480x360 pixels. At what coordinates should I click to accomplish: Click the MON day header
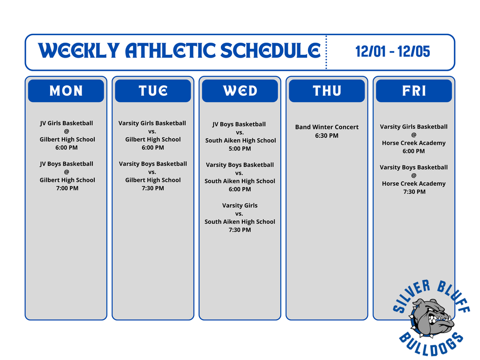click(66, 91)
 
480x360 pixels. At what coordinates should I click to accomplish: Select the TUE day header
click(153, 91)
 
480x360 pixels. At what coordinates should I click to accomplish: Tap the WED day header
click(240, 91)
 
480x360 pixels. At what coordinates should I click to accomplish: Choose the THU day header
click(327, 91)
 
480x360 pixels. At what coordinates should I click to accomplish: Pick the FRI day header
click(414, 91)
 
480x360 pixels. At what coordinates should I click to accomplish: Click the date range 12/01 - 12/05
click(392, 52)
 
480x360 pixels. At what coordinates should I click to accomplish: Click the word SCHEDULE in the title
click(270, 51)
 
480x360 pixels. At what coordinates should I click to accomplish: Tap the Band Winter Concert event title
click(327, 127)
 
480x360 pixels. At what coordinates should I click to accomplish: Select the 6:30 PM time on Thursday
click(327, 135)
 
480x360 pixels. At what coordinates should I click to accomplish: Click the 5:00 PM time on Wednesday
click(240, 149)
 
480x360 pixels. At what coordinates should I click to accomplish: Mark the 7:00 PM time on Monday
click(67, 188)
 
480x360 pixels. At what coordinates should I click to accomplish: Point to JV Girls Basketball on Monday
click(67, 123)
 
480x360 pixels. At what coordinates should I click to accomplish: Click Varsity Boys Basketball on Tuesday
click(153, 164)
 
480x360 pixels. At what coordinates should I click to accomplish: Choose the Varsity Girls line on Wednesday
click(240, 205)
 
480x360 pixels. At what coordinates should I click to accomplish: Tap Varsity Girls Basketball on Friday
click(414, 127)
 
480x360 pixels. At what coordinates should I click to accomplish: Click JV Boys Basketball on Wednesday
click(239, 124)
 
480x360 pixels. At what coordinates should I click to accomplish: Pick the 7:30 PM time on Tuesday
click(153, 188)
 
